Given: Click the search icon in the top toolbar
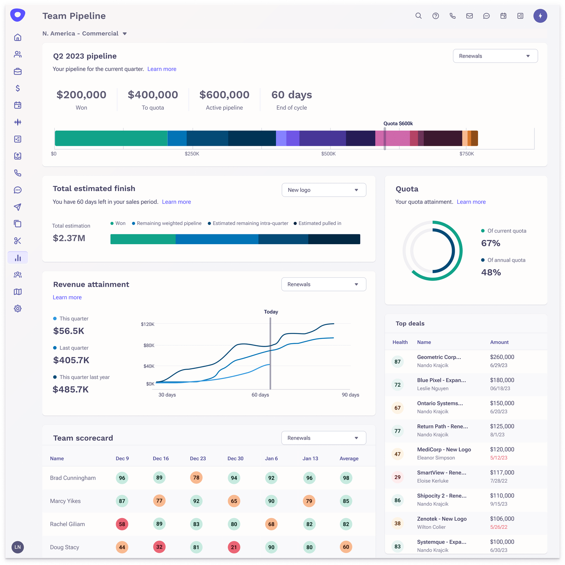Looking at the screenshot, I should point(418,16).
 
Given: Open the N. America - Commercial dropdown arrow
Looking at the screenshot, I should point(125,34).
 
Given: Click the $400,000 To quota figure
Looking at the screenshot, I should point(153,95).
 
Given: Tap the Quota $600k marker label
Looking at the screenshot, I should point(398,124).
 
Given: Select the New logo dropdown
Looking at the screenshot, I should point(324,190).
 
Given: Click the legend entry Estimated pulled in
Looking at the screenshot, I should point(320,223).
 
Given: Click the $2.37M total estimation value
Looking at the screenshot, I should point(69,238).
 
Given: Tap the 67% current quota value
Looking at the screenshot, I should point(491,243).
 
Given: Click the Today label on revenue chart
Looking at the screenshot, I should point(271,312).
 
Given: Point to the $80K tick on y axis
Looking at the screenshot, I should point(149,346).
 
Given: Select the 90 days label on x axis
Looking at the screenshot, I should point(350,395).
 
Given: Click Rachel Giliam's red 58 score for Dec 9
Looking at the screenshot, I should point(122,524).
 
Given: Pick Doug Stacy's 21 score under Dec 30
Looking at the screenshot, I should point(234,547).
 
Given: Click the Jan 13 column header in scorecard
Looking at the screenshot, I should point(310,458).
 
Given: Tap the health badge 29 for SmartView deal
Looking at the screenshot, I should point(397,477).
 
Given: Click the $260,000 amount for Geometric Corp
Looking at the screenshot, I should point(502,357).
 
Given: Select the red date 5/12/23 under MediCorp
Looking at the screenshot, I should point(499,458).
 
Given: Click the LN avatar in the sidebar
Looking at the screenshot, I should point(18,547).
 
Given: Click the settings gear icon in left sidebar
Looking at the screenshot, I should point(18,309).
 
